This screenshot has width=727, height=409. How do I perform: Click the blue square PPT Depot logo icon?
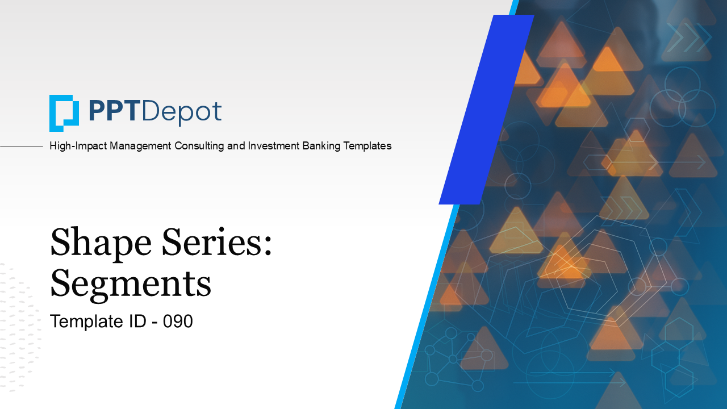[x=64, y=113]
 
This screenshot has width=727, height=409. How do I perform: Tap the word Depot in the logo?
[x=182, y=112]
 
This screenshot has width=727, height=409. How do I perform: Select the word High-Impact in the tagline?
[x=78, y=146]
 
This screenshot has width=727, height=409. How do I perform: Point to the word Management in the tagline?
[x=140, y=146]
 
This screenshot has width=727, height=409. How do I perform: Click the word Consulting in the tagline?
[x=199, y=146]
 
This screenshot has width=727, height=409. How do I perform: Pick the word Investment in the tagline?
[x=274, y=146]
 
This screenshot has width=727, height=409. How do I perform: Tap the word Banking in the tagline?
[x=321, y=146]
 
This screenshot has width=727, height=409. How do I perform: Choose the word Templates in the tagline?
[x=367, y=146]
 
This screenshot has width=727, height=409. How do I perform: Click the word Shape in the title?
[x=101, y=244]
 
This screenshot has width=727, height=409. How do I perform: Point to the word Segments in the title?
[x=131, y=285]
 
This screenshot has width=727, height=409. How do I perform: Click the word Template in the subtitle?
[x=87, y=322]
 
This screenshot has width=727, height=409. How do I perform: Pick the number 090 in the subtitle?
[x=178, y=321]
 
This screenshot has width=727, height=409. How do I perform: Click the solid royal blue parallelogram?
[x=487, y=110]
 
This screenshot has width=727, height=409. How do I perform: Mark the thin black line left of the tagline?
[x=22, y=147]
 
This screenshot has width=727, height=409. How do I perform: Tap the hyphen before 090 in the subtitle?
[x=155, y=323]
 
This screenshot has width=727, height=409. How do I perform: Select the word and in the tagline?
[x=236, y=146]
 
